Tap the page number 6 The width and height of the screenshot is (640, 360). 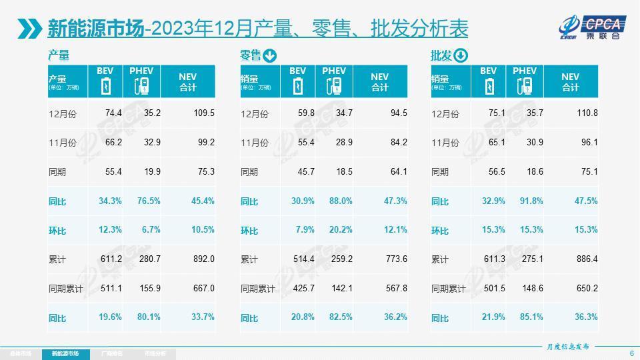pyautogui.click(x=631, y=353)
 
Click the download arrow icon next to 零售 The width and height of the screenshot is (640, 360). pyautogui.click(x=270, y=55)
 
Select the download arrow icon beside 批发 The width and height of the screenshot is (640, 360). pyautogui.click(x=461, y=55)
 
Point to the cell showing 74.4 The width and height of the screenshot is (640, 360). pyautogui.click(x=113, y=113)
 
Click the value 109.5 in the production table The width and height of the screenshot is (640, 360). pyautogui.click(x=203, y=113)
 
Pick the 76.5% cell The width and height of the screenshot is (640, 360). pyautogui.click(x=149, y=201)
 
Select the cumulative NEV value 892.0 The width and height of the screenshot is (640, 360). pyautogui.click(x=203, y=259)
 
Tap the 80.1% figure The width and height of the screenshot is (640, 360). pyautogui.click(x=149, y=317)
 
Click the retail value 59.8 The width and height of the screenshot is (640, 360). pyautogui.click(x=306, y=113)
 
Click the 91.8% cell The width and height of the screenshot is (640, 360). pyautogui.click(x=531, y=201)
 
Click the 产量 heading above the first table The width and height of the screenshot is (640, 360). pyautogui.click(x=59, y=55)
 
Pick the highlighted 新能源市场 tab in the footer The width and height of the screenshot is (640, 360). pyautogui.click(x=65, y=353)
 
